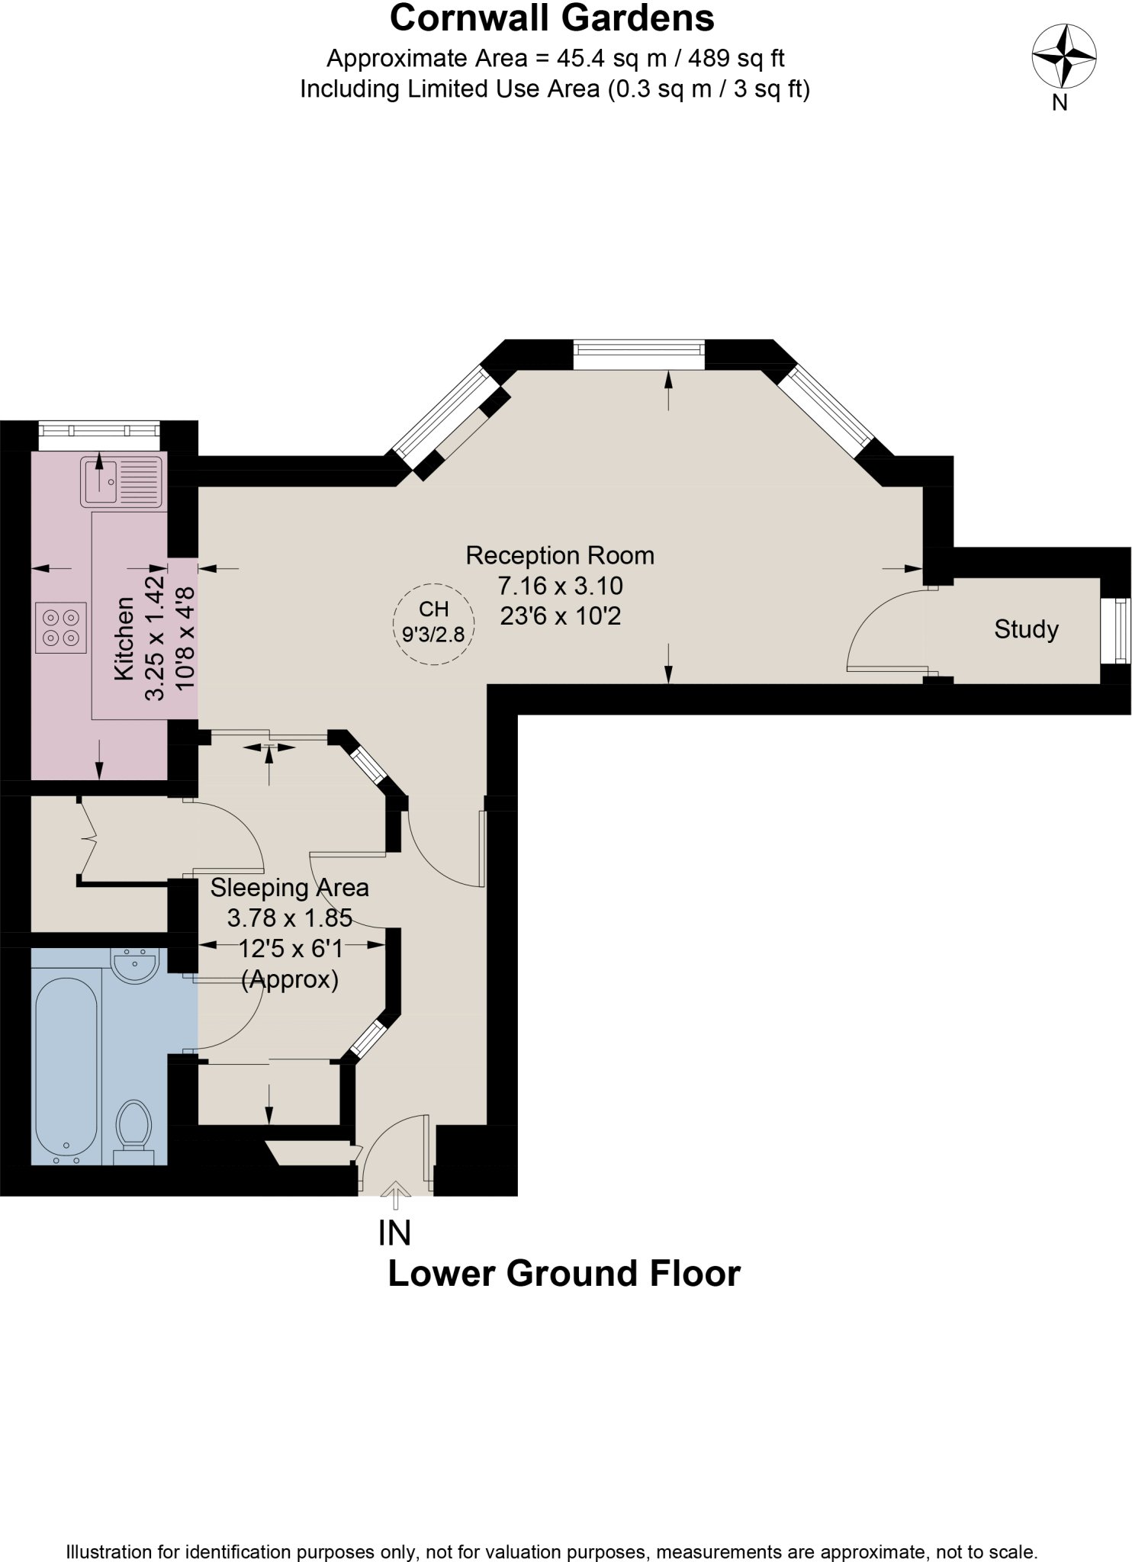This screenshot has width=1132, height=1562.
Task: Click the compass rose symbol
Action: coord(1063,56)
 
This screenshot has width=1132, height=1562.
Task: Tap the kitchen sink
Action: coord(122,482)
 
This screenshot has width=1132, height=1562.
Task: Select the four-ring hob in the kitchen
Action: coord(61,627)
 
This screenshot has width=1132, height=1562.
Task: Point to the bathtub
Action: coord(66,1068)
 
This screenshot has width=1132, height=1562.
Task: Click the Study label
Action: coord(1026,630)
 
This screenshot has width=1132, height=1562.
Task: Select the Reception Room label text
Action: coord(560,555)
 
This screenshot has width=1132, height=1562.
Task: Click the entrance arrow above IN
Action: coord(394,1194)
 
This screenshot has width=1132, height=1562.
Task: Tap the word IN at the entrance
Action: coord(394,1233)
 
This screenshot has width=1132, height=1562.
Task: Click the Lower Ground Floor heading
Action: coord(564,1274)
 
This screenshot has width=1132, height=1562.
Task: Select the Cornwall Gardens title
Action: coord(552,18)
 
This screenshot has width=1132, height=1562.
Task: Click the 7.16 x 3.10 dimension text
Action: coord(560,586)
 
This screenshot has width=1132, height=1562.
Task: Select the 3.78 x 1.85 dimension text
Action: coord(289,918)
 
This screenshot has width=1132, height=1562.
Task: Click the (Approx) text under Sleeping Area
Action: coord(289,979)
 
